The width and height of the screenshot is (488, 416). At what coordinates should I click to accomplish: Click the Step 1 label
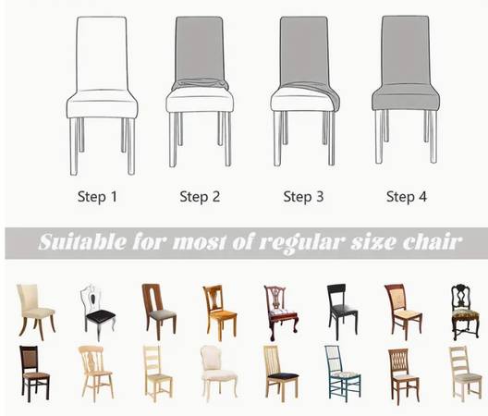click(x=97, y=197)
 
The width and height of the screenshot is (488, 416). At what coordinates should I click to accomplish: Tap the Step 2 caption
click(x=200, y=197)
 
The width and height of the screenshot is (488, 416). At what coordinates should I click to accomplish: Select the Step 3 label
click(x=303, y=197)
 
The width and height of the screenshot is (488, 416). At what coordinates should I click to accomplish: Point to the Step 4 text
click(x=407, y=197)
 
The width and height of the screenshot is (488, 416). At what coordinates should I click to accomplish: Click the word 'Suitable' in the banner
click(x=82, y=241)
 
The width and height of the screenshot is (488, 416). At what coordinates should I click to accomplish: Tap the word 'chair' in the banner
click(x=433, y=241)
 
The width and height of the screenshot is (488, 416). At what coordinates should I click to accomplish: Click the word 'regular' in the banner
click(x=300, y=243)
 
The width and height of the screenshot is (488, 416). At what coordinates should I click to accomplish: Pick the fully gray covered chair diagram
click(x=406, y=90)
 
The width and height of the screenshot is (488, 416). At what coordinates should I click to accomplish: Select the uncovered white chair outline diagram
click(x=102, y=95)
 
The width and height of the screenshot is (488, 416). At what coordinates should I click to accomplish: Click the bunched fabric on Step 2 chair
click(x=201, y=84)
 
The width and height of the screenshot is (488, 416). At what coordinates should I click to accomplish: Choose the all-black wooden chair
click(x=342, y=312)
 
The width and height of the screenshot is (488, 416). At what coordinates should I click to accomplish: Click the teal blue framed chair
click(x=342, y=373)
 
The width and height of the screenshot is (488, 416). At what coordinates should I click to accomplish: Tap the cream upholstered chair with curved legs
click(x=36, y=312)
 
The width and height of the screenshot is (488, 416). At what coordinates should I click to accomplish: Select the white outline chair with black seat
click(x=98, y=312)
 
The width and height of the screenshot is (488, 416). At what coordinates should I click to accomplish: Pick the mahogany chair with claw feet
click(x=281, y=312)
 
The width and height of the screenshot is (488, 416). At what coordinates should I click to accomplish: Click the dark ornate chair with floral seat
click(x=465, y=312)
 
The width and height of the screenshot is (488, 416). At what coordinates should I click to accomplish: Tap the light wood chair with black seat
click(x=281, y=373)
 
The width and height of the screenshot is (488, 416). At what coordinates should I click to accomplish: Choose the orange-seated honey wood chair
click(x=219, y=312)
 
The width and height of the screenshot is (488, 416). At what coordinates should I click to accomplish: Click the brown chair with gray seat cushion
click(x=159, y=312)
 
